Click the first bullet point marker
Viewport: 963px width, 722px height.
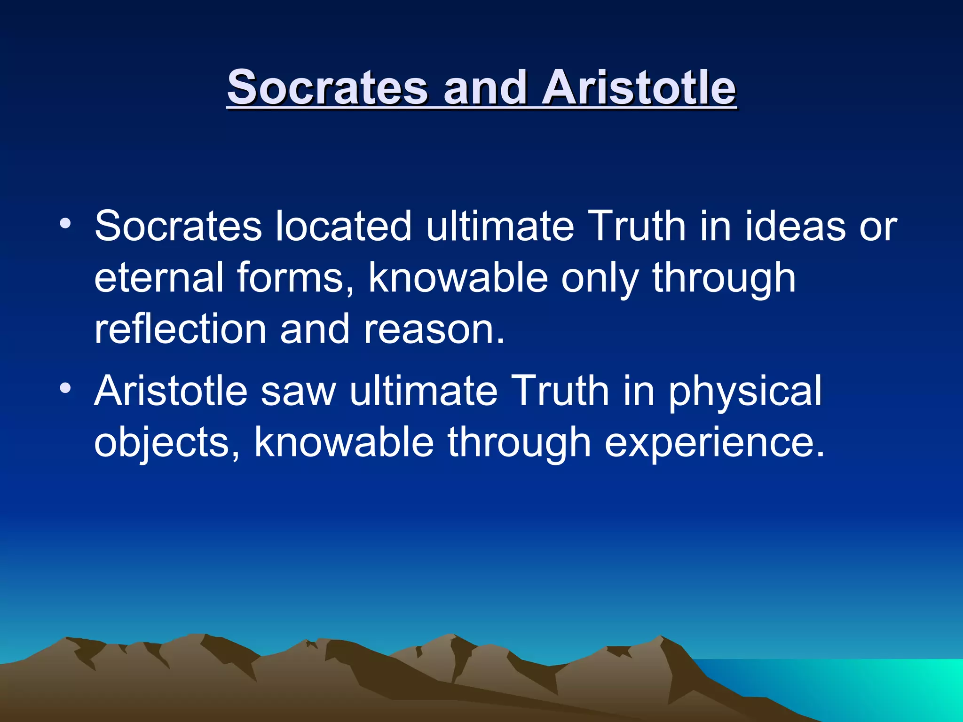coord(65,222)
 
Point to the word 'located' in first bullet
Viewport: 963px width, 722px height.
coord(343,227)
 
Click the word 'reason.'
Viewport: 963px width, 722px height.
coord(434,330)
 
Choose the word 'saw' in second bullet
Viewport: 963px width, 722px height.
coord(299,391)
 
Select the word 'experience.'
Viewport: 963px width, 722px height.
coord(715,443)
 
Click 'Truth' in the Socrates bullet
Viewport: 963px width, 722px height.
coord(637,227)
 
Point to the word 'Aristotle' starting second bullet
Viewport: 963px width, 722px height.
coord(170,391)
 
